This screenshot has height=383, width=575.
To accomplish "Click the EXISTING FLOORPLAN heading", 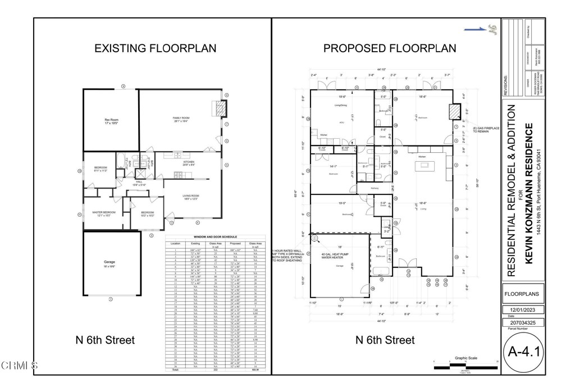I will [x=155, y=48].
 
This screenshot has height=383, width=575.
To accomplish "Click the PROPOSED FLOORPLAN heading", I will [x=390, y=48].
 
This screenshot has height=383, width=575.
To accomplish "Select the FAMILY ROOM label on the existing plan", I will [x=181, y=119].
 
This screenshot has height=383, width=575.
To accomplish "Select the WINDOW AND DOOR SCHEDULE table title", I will [x=216, y=237].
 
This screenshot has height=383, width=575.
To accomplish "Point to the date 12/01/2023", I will [x=523, y=309].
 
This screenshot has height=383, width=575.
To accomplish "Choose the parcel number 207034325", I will [x=523, y=323].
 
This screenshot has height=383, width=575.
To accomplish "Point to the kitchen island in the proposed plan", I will [x=422, y=167].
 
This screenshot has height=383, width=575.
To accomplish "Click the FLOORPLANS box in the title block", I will [x=523, y=293].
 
